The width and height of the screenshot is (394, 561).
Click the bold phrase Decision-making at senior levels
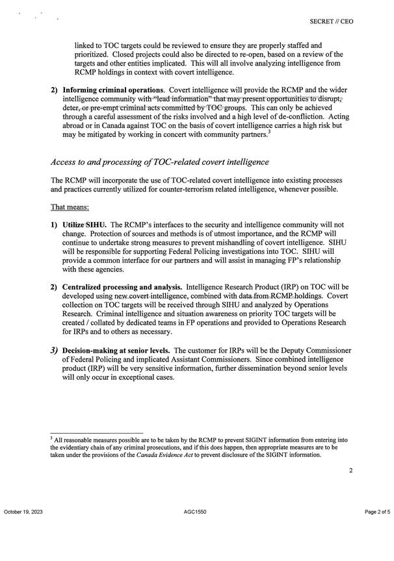117,350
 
